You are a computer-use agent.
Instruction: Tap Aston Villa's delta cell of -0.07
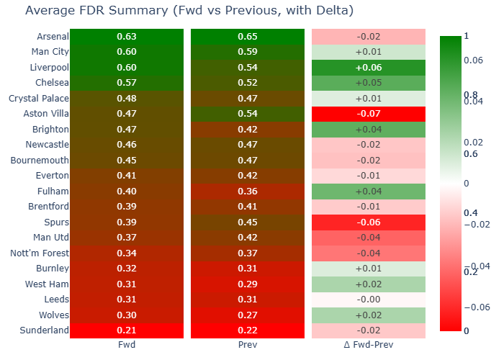[369, 114]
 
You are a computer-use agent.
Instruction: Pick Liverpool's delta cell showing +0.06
[369, 68]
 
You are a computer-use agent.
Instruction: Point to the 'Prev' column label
[247, 345]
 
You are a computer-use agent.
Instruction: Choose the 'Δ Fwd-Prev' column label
[369, 345]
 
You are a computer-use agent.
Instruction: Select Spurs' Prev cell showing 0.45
[247, 222]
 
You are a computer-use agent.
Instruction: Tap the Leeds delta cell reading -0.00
[369, 300]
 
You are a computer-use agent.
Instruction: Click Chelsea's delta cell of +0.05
[369, 83]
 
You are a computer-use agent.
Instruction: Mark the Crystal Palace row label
[39, 99]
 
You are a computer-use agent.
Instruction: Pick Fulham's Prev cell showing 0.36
[247, 192]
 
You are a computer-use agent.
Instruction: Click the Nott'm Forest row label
[40, 253]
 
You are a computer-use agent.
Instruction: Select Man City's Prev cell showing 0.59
[247, 52]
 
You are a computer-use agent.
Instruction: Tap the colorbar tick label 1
[467, 36]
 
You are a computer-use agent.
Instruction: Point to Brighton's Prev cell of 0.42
[247, 130]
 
